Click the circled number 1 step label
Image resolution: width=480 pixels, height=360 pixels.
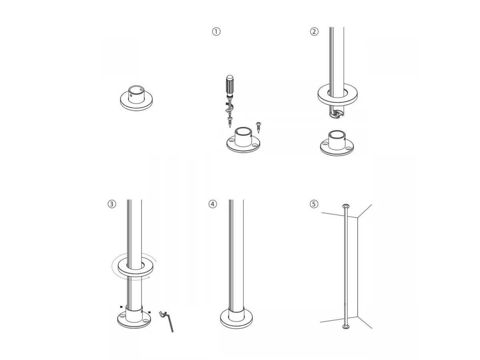tap(216, 32)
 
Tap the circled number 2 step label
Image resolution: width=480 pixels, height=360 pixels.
tap(314, 32)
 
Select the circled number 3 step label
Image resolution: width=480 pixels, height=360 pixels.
tap(112, 204)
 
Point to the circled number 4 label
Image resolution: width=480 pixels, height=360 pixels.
tap(212, 204)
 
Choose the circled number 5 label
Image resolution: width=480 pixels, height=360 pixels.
tap(314, 204)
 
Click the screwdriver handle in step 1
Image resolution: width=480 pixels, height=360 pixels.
tap(230, 85)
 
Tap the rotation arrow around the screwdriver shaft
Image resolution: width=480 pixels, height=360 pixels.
tap(229, 108)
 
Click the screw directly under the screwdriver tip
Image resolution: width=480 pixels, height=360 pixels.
tap(230, 122)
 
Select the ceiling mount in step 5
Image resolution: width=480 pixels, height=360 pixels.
tap(346, 206)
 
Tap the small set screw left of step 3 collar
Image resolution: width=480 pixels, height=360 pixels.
tap(121, 307)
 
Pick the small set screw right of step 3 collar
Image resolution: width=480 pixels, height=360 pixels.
tap(149, 312)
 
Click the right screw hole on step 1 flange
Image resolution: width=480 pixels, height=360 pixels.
tap(254, 145)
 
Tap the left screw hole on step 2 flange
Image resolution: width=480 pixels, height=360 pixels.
tap(325, 144)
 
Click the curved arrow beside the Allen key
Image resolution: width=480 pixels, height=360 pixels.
tap(162, 314)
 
